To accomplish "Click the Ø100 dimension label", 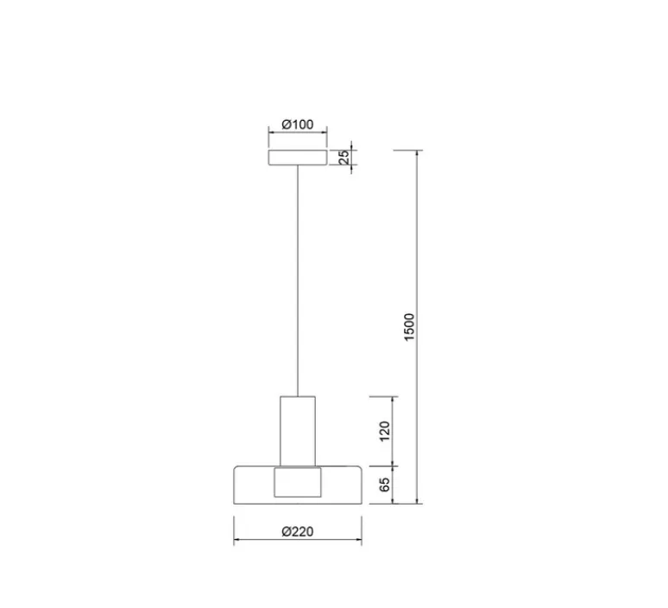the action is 298,124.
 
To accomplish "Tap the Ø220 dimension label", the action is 298,531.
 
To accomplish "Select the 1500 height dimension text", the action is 409,327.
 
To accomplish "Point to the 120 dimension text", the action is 384,431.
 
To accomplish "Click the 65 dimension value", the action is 384,485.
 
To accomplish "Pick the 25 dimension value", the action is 344,158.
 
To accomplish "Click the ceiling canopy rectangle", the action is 298,158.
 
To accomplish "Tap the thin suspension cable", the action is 298,280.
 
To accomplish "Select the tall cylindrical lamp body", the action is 298,431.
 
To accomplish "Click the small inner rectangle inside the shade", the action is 298,482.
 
